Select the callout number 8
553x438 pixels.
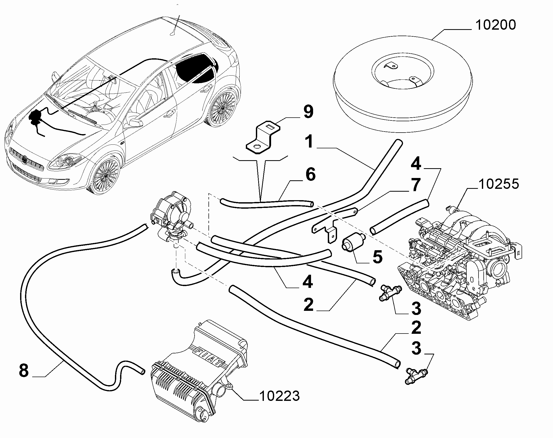pyautogui.click(x=24, y=371)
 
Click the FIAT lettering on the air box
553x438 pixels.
pyautogui.click(x=209, y=357)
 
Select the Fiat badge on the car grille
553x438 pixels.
pyautogui.click(x=25, y=160)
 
